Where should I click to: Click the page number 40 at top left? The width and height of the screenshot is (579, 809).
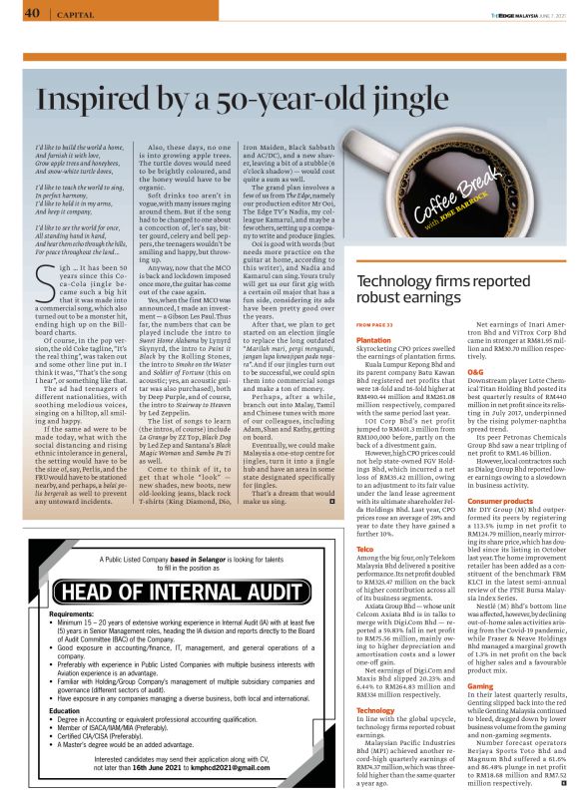point(30,14)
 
